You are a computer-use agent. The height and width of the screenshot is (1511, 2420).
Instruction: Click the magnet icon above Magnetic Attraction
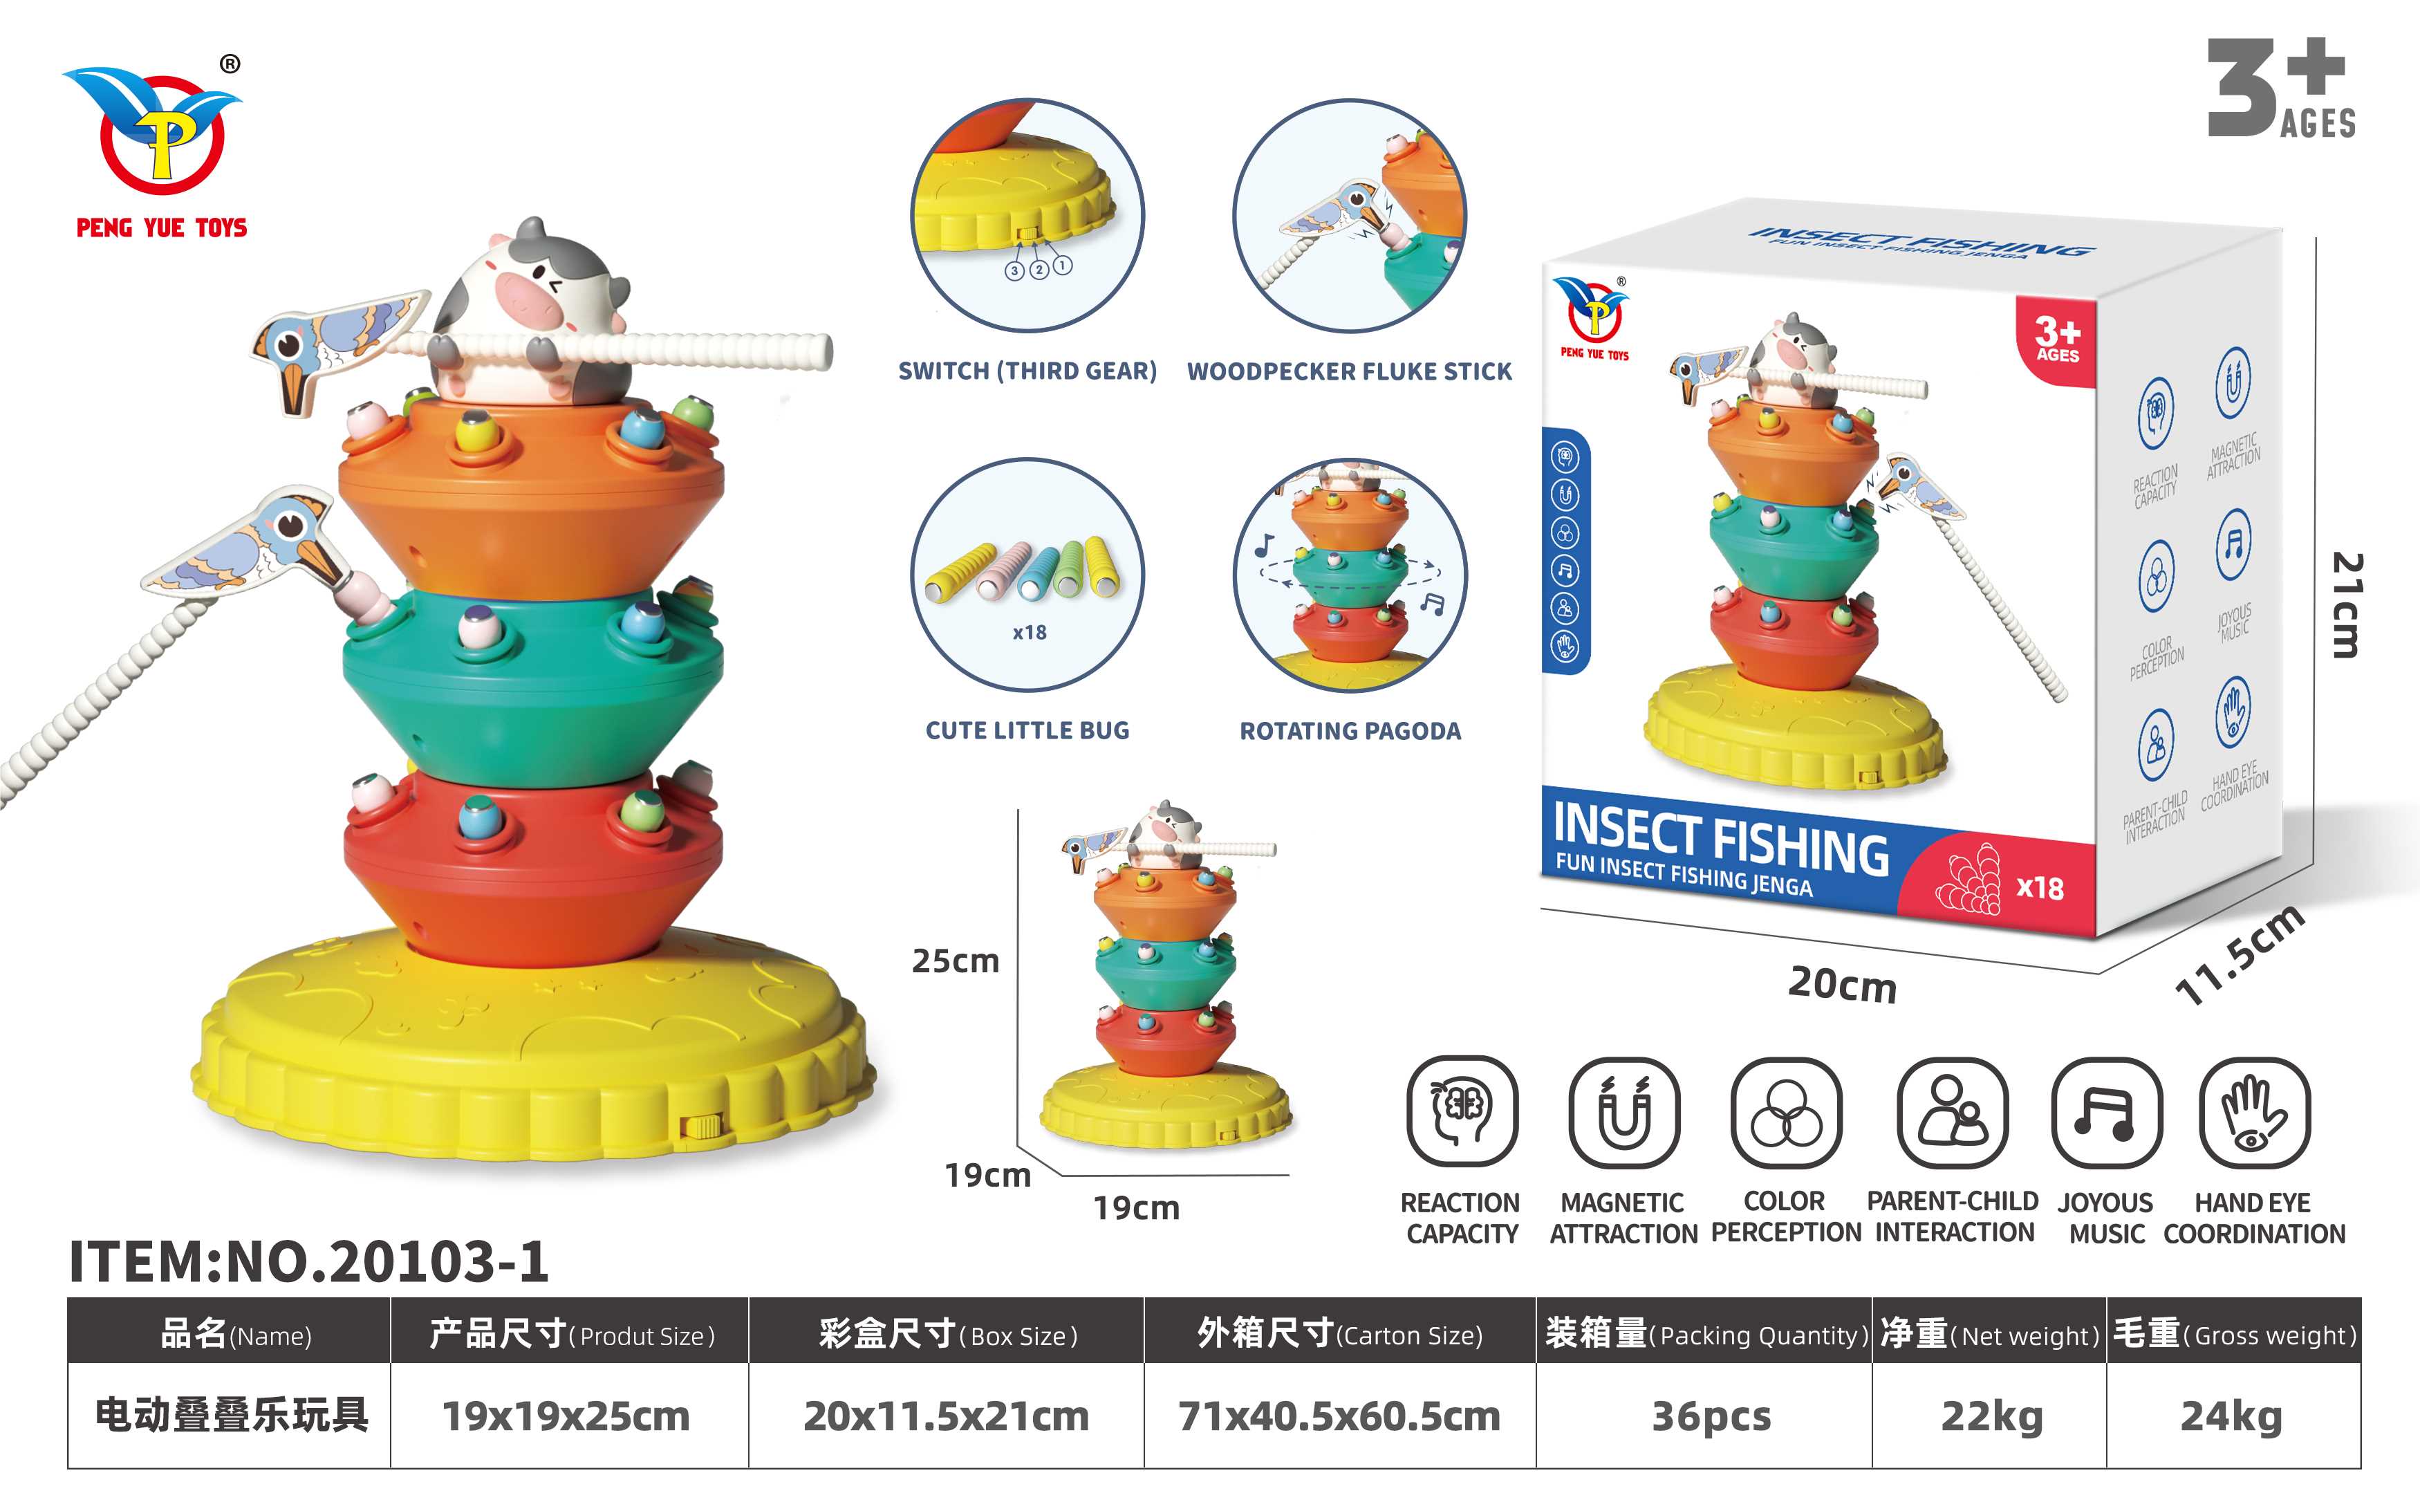tap(1623, 1112)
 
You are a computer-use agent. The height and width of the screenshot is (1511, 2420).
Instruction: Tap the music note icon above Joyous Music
tap(2106, 1112)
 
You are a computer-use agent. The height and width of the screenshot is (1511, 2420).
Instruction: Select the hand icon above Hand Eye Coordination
tap(2254, 1112)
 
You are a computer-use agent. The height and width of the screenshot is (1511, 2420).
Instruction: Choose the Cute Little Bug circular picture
tap(1027, 575)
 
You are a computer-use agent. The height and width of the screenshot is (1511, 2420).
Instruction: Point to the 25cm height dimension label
tap(956, 961)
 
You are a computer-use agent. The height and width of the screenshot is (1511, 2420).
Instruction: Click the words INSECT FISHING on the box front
tap(1720, 840)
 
